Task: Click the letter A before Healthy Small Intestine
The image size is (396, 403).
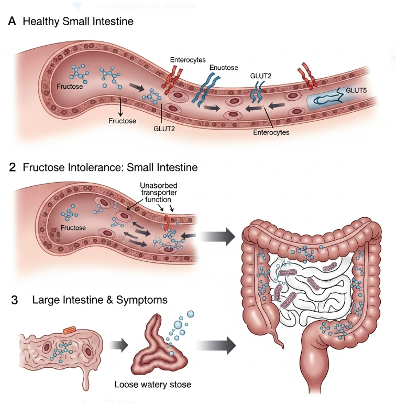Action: [x=12, y=22]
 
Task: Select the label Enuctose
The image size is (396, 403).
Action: [x=224, y=68]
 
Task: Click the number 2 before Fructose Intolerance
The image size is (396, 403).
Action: [x=12, y=168]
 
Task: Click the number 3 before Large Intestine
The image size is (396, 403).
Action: [x=14, y=301]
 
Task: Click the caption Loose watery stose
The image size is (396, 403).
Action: [x=152, y=385]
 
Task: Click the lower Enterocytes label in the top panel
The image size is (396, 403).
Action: [x=271, y=132]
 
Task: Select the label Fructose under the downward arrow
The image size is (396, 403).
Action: [x=123, y=121]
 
